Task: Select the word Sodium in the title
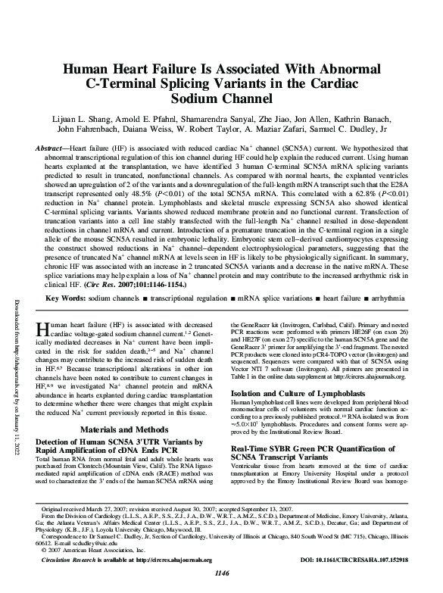click(221, 98)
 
